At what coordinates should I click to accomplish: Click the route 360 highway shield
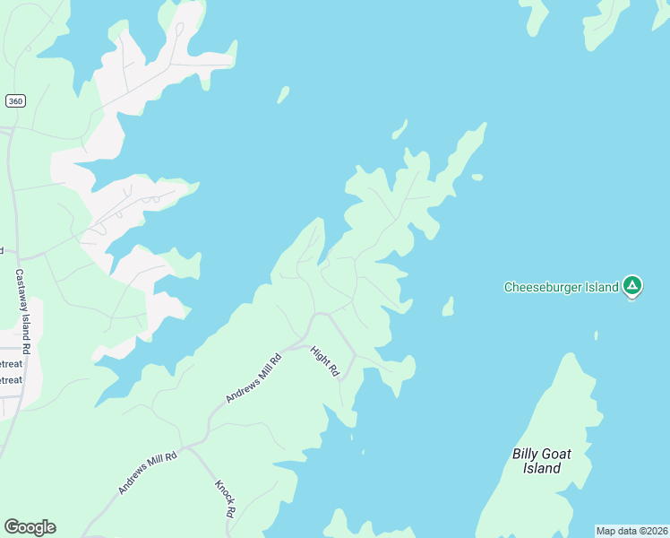[14, 101]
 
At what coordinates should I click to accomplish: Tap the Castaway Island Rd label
[23, 309]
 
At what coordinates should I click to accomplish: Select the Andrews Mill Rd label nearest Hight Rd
[254, 377]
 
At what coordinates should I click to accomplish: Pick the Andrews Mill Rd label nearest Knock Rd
[148, 473]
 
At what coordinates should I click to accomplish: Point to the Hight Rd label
[324, 360]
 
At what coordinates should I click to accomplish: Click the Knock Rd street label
[225, 499]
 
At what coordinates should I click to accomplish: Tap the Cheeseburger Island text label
[562, 287]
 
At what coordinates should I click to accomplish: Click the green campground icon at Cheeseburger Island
[632, 287]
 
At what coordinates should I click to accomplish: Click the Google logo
[30, 527]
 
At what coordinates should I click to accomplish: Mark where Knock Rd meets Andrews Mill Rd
[187, 446]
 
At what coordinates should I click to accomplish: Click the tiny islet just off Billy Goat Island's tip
[596, 335]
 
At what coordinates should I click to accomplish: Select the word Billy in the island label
[525, 454]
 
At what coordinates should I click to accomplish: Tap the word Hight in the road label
[320, 355]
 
